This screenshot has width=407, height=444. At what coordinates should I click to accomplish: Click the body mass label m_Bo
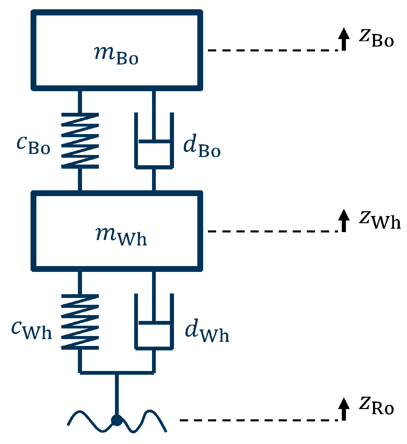[x=116, y=56]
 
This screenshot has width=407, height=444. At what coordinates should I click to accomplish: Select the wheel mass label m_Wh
[x=121, y=237]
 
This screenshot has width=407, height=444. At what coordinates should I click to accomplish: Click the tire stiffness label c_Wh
[x=32, y=330]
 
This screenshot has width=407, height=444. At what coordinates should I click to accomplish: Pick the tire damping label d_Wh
[x=207, y=332]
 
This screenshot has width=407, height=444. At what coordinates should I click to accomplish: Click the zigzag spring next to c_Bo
[x=80, y=141]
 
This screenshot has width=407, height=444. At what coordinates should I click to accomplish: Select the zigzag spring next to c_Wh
[x=80, y=322]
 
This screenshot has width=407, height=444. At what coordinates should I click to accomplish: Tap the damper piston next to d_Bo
[x=154, y=141]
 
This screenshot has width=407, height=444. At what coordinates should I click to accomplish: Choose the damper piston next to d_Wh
[x=154, y=323]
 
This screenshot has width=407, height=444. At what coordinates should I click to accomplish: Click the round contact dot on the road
[x=117, y=420]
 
